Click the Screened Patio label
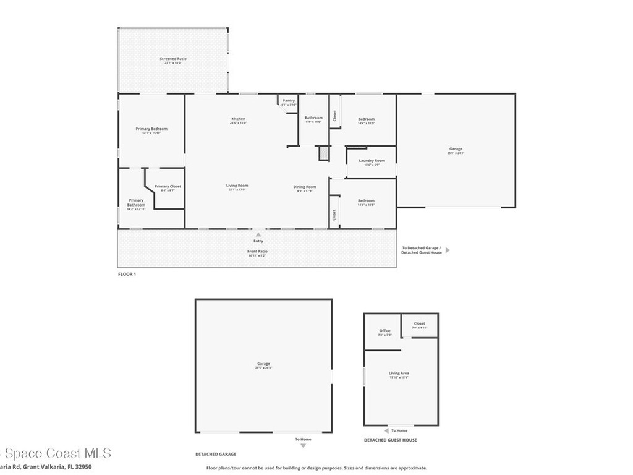173,59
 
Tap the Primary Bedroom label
151,129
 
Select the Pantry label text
289,100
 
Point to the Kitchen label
239,119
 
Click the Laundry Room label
372,161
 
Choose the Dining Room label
305,187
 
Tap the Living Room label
237,186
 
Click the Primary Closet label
168,186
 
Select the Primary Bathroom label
136,202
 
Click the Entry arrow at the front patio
258,234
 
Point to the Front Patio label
258,251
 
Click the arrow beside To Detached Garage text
448,250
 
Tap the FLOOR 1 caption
127,274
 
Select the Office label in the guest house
384,331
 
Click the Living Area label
399,373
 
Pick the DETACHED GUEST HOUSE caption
390,440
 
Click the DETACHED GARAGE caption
216,454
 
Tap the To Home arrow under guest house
386,430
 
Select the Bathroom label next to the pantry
313,118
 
